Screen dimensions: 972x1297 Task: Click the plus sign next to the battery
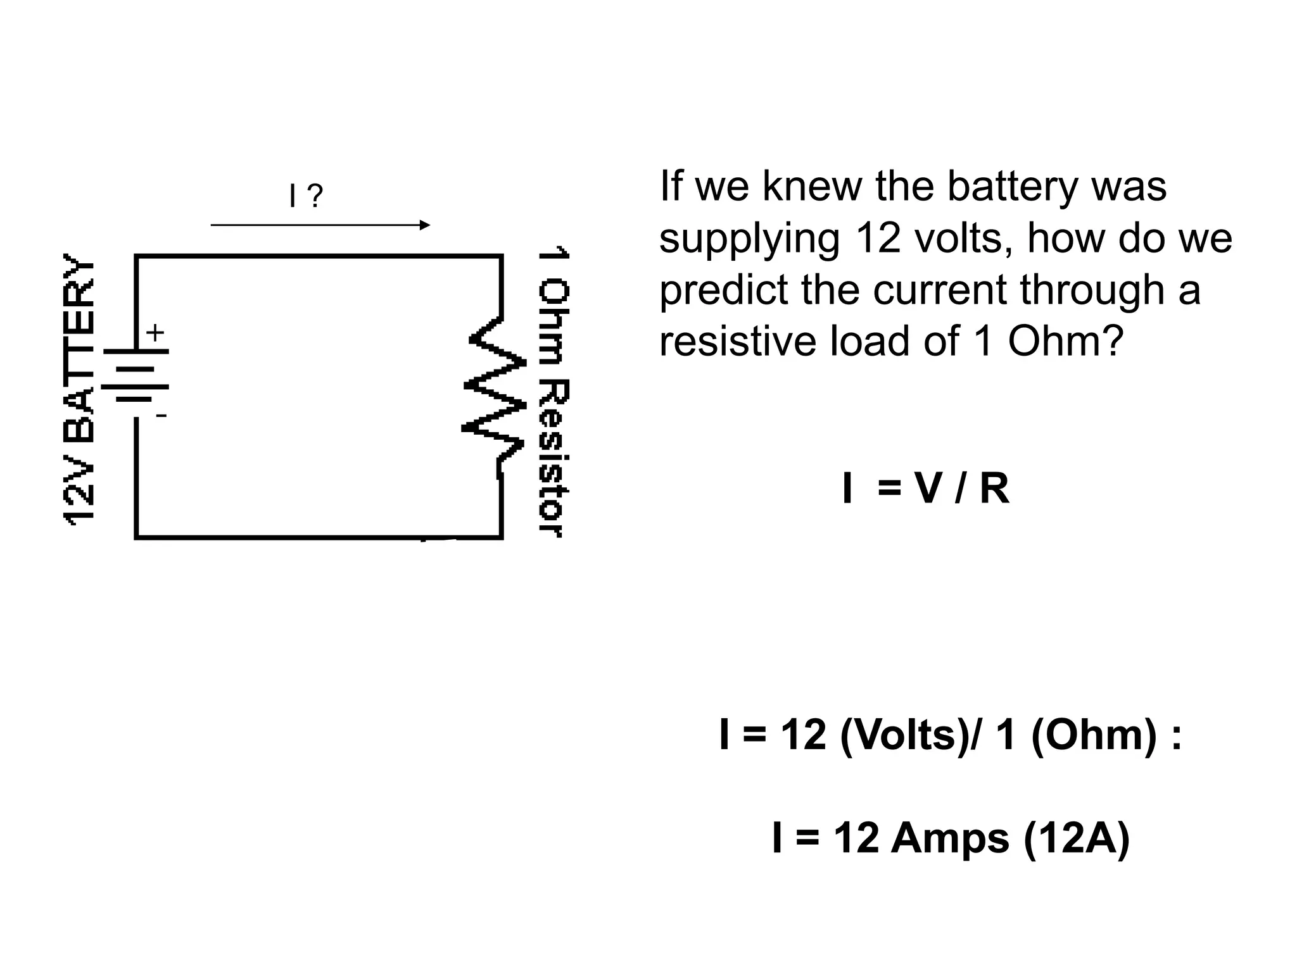[x=155, y=332]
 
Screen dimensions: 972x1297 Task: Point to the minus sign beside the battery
[x=161, y=416]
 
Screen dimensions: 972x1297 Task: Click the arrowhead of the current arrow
[x=425, y=225]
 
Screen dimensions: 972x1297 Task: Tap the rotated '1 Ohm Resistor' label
[x=554, y=392]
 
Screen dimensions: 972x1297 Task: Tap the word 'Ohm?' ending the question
[x=1065, y=341]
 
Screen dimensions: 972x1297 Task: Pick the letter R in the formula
[x=994, y=489]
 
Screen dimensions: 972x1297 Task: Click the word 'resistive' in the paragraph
[x=738, y=341]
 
